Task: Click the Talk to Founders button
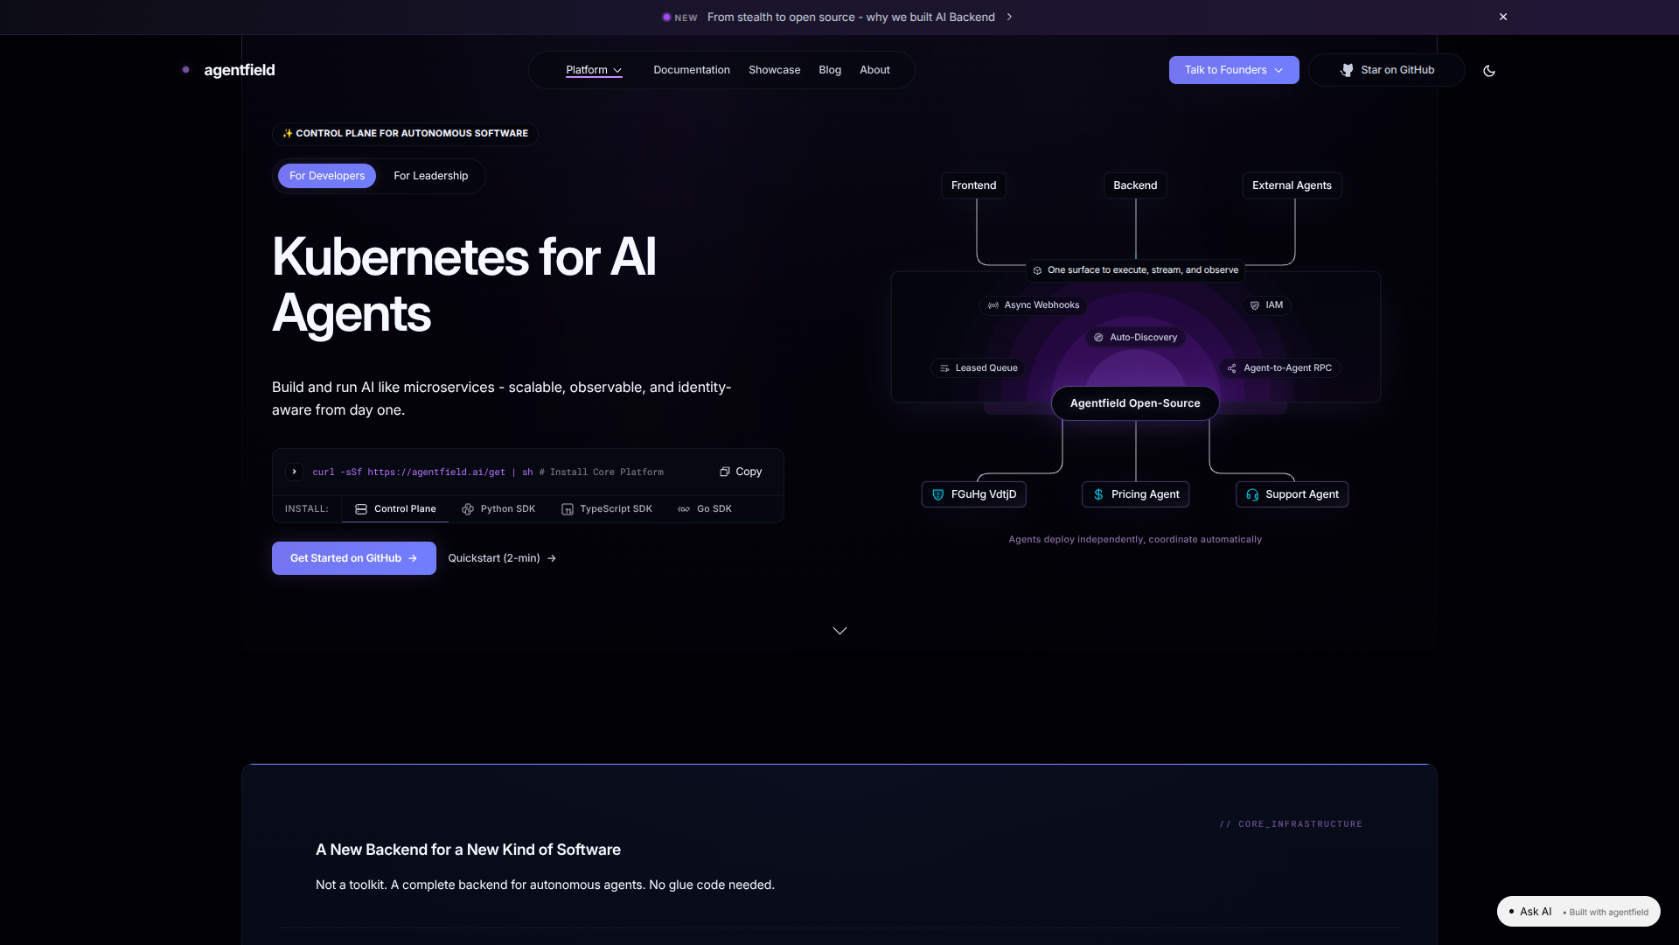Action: click(1233, 70)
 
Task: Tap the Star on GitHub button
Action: click(1387, 70)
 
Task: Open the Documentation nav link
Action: click(691, 70)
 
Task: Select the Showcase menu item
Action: click(774, 70)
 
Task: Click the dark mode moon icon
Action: click(1489, 71)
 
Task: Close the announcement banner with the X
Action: click(1503, 17)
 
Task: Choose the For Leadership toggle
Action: click(430, 176)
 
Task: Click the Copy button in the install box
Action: click(741, 472)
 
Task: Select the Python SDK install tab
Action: click(498, 509)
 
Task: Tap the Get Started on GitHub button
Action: click(353, 558)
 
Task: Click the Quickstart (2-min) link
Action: click(502, 558)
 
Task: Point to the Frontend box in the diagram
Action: click(973, 185)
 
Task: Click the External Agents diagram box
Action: click(1292, 185)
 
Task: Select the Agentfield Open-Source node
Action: click(1135, 403)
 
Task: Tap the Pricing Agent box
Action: click(1135, 494)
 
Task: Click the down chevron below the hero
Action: click(839, 631)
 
